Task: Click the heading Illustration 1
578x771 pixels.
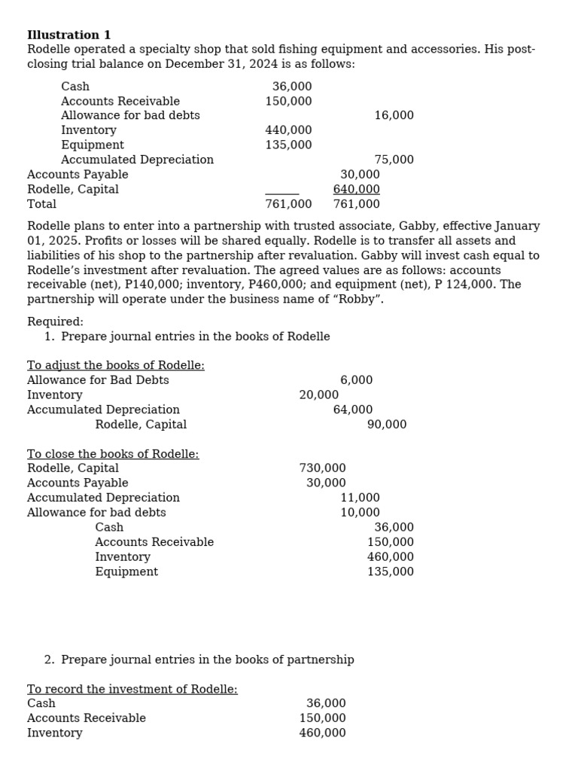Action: click(x=68, y=35)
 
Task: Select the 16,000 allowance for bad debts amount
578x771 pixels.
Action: click(x=394, y=115)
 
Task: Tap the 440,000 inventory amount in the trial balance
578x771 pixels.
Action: click(x=288, y=130)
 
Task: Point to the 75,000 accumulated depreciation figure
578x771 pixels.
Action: click(x=394, y=160)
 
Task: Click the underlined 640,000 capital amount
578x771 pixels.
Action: click(x=357, y=189)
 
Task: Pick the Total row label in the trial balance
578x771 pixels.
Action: click(x=41, y=204)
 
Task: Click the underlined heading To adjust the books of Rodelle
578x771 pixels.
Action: click(x=115, y=365)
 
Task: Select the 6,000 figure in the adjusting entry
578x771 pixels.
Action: click(x=356, y=380)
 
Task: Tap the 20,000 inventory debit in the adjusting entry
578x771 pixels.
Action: click(x=318, y=395)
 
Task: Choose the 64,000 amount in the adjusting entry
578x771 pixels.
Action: click(x=353, y=410)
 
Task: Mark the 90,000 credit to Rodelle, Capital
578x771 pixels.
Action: click(x=387, y=425)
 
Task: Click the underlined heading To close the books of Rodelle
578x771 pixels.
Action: click(x=113, y=454)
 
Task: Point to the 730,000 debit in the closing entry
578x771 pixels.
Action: click(x=322, y=468)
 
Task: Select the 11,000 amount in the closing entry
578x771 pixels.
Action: click(x=360, y=498)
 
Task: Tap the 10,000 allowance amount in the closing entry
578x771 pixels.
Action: click(x=360, y=513)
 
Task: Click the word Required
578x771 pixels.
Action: click(x=55, y=322)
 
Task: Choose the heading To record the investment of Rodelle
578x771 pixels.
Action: click(x=132, y=689)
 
